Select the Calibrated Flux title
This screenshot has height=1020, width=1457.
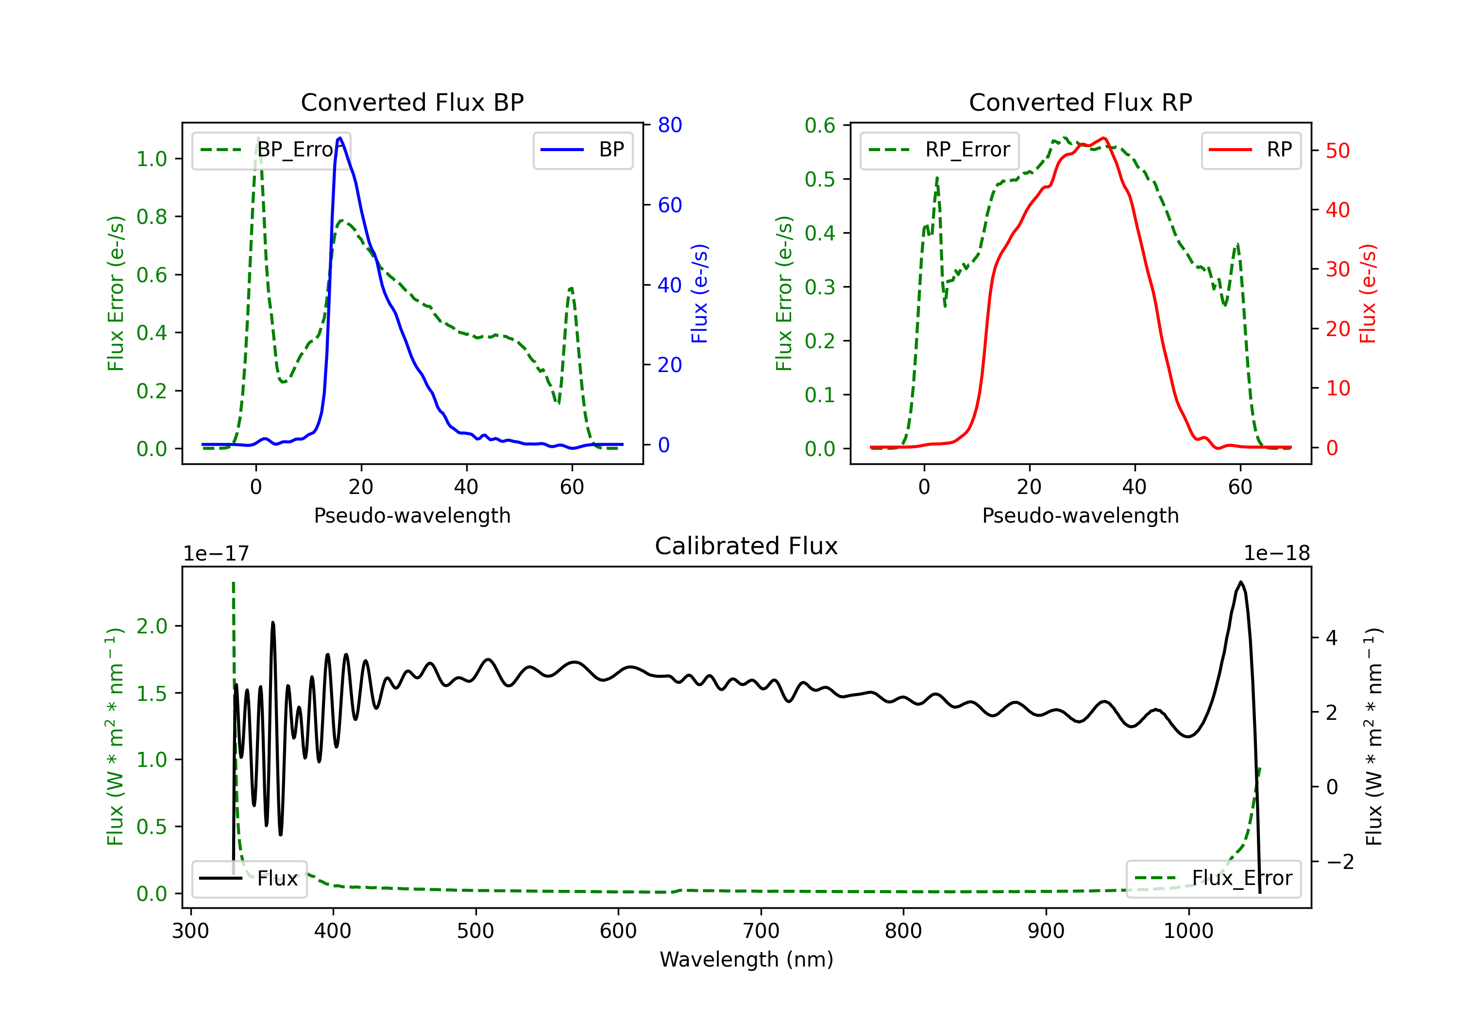click(x=746, y=546)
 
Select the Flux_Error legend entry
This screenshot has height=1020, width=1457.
click(x=1213, y=879)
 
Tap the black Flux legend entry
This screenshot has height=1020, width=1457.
click(x=250, y=879)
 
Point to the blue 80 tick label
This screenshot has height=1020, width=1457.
click(x=669, y=125)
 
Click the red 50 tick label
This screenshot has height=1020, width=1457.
click(x=1338, y=151)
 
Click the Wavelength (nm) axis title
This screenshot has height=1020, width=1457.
click(x=746, y=960)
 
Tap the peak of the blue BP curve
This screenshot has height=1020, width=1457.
click(x=340, y=138)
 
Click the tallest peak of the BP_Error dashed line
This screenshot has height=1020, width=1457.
click(x=258, y=138)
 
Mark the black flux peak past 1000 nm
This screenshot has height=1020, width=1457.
click(x=1240, y=582)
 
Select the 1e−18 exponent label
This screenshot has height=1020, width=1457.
click(x=1277, y=554)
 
